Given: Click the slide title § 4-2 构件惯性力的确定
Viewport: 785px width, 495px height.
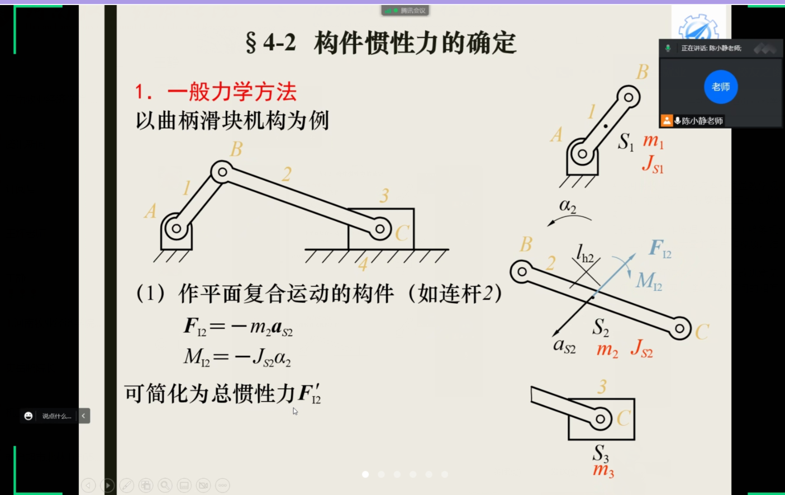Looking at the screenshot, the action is pyautogui.click(x=380, y=43).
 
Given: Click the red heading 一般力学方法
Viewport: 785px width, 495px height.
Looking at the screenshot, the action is pyautogui.click(x=232, y=92).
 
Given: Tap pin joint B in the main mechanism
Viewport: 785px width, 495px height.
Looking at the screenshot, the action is pyautogui.click(x=222, y=172).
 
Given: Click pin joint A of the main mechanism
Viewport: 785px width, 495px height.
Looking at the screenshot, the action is pyautogui.click(x=176, y=229).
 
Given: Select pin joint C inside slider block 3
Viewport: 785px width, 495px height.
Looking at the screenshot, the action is pyautogui.click(x=380, y=229).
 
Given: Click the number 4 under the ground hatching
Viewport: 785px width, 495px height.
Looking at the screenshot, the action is pyautogui.click(x=363, y=264).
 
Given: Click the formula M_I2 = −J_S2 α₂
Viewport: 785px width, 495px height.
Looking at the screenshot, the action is pyautogui.click(x=237, y=357).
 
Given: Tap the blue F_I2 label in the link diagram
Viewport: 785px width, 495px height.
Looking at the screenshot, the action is pyautogui.click(x=660, y=248).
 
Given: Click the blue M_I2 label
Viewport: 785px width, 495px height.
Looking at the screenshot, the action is pyautogui.click(x=649, y=281).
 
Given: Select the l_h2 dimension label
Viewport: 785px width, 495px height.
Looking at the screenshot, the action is pyautogui.click(x=585, y=254).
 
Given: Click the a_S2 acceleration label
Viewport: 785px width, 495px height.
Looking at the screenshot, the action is pyautogui.click(x=564, y=346).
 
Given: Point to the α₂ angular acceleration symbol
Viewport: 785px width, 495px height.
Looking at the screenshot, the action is pyautogui.click(x=568, y=206).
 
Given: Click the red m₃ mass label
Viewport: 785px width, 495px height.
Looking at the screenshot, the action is pyautogui.click(x=603, y=470).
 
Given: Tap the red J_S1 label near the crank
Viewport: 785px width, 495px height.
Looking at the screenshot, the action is pyautogui.click(x=653, y=164).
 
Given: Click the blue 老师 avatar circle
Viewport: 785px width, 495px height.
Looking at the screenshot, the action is pyautogui.click(x=721, y=87).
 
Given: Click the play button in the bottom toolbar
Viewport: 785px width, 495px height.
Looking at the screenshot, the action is pyautogui.click(x=108, y=485).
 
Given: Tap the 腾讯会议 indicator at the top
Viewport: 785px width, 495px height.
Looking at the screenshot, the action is pyautogui.click(x=405, y=11).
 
